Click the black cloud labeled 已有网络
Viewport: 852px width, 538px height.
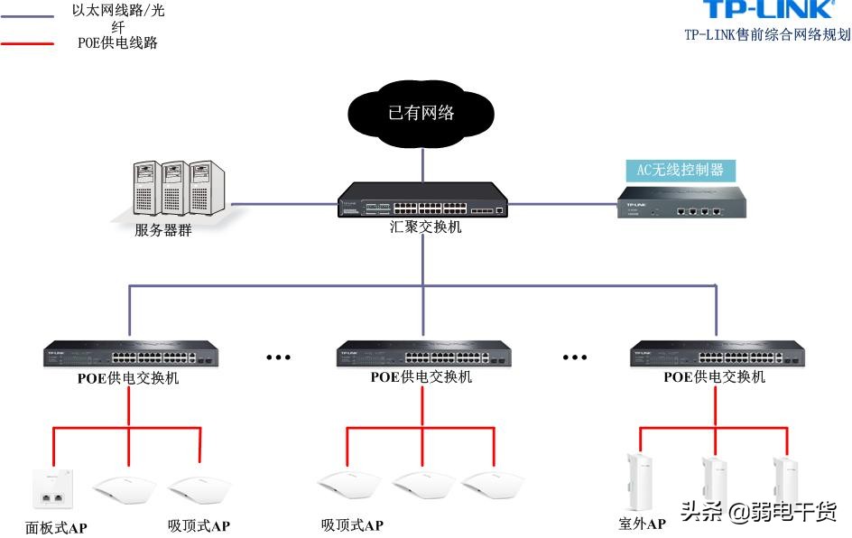(421, 113)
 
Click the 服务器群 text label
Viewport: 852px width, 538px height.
(163, 230)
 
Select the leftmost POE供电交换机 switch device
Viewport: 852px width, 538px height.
(128, 354)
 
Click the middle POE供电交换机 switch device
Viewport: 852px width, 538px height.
(421, 354)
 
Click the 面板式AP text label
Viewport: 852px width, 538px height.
(56, 527)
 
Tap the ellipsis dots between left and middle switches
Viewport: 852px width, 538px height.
(278, 357)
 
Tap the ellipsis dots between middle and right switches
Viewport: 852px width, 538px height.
(575, 357)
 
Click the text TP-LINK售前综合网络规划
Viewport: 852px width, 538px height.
(766, 35)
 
